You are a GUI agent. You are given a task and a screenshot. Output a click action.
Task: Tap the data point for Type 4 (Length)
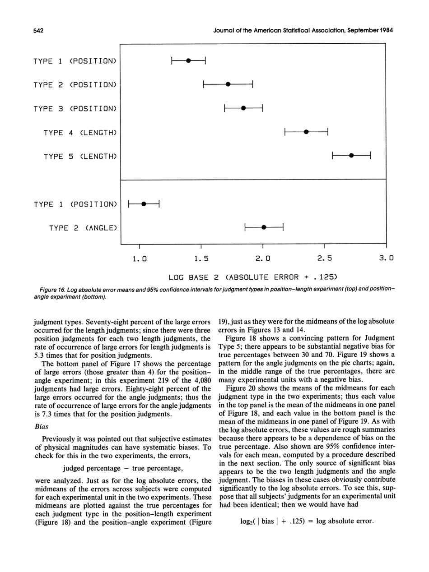(x=306, y=132)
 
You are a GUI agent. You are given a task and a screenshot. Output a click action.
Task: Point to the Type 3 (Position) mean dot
(x=243, y=108)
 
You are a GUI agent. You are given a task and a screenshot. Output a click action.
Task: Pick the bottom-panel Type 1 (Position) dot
(x=143, y=204)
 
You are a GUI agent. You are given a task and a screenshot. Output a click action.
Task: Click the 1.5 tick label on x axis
(x=201, y=259)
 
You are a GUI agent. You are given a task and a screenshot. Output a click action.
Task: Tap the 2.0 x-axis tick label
(x=263, y=259)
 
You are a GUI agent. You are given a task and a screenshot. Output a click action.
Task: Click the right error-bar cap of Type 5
(x=371, y=156)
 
